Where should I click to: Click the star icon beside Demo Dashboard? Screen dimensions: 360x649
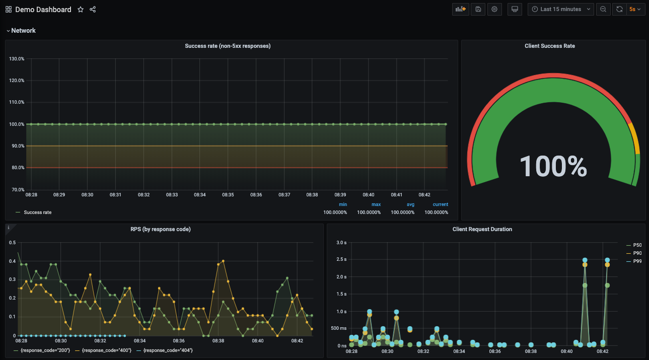click(x=81, y=10)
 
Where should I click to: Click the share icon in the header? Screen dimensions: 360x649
click(x=93, y=10)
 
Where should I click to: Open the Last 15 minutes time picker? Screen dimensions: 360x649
click(x=560, y=9)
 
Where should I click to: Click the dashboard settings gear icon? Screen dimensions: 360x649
click(x=494, y=9)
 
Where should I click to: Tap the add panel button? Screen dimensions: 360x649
click(x=460, y=9)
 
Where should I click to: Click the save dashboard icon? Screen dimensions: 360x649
click(x=478, y=9)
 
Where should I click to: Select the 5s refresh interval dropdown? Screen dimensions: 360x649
click(x=636, y=9)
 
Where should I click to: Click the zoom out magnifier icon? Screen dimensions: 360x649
click(x=603, y=9)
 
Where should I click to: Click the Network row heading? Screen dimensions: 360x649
click(x=23, y=31)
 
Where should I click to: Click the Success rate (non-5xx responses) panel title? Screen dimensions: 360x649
click(x=228, y=46)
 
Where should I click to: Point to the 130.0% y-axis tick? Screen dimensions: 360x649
click(x=17, y=59)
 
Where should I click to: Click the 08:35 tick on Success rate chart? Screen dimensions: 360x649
click(x=228, y=194)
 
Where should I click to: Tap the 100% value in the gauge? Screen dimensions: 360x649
click(x=553, y=166)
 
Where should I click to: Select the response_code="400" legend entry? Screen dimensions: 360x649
click(x=106, y=350)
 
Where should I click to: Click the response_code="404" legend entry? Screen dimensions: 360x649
click(x=168, y=350)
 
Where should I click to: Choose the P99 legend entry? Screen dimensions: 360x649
click(x=637, y=261)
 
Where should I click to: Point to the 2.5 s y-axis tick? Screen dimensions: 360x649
click(x=341, y=259)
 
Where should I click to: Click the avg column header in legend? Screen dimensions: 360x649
click(x=410, y=204)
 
